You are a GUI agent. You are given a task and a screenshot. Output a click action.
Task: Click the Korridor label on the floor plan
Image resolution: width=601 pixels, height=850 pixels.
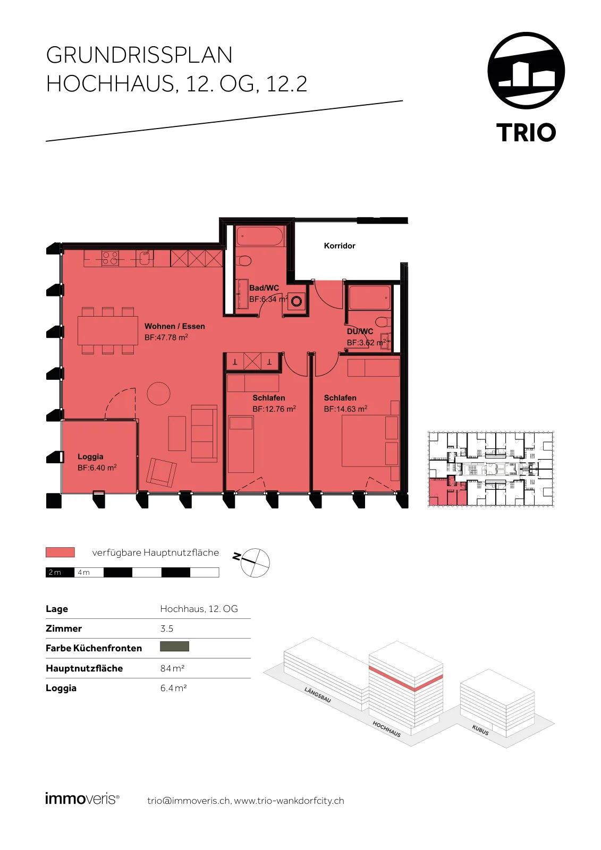[340, 246]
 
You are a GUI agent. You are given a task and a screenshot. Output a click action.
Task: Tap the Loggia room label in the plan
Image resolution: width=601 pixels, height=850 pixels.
[90, 456]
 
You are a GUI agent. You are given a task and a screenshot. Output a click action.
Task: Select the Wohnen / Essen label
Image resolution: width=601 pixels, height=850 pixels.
[175, 326]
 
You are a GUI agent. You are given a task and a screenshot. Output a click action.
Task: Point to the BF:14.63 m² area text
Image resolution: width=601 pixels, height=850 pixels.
[345, 409]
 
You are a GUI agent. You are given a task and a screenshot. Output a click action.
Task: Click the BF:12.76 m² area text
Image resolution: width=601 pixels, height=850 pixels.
[274, 409]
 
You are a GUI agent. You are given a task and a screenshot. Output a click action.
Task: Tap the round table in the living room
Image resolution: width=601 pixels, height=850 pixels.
[158, 393]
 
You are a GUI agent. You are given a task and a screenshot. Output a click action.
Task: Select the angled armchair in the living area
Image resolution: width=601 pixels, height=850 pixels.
[162, 472]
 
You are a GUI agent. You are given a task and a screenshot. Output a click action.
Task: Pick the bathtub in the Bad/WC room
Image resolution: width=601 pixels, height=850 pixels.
[260, 236]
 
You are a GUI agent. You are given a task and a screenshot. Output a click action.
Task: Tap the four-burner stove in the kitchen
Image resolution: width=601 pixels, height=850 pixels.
[109, 258]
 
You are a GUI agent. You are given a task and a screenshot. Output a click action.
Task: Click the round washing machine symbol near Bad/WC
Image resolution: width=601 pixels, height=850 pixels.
[297, 302]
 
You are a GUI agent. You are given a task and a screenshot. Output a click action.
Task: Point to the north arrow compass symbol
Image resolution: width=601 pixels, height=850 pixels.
[255, 563]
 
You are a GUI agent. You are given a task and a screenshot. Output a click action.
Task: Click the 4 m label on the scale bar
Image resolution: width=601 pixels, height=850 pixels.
[84, 572]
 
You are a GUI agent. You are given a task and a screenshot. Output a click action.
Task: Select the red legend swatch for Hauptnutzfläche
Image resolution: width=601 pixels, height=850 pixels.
[60, 552]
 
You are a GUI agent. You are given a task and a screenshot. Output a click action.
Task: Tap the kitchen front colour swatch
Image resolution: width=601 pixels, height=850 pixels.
[175, 646]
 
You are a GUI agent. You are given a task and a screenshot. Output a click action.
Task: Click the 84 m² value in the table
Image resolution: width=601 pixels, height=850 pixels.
[172, 668]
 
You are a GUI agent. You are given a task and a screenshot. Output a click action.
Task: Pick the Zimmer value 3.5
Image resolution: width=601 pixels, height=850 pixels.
[167, 628]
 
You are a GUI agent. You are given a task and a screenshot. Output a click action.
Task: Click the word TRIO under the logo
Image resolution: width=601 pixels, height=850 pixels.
[526, 132]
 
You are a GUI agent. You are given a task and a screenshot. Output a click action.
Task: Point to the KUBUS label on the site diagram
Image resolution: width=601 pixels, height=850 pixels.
[480, 730]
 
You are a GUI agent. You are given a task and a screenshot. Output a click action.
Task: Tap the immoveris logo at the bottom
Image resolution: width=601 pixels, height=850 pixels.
[82, 799]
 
